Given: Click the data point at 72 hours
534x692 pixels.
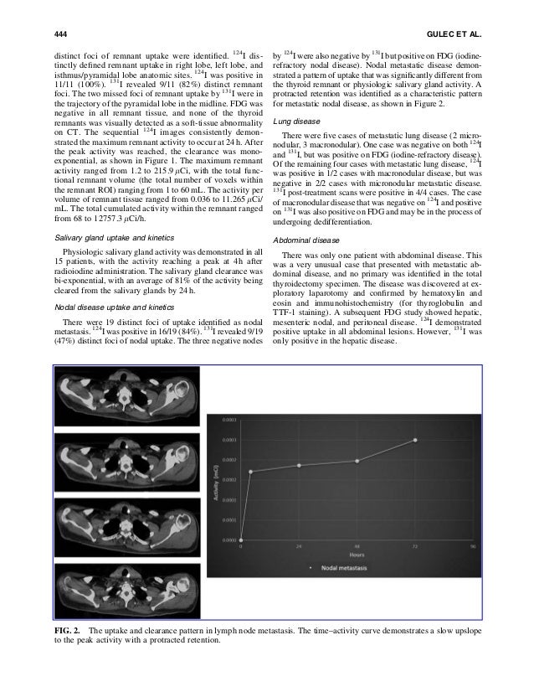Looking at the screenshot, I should pos(416,439).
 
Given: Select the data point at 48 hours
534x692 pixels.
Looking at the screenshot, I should pos(357,460).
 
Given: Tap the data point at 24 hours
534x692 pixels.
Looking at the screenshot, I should pos(299,465).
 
